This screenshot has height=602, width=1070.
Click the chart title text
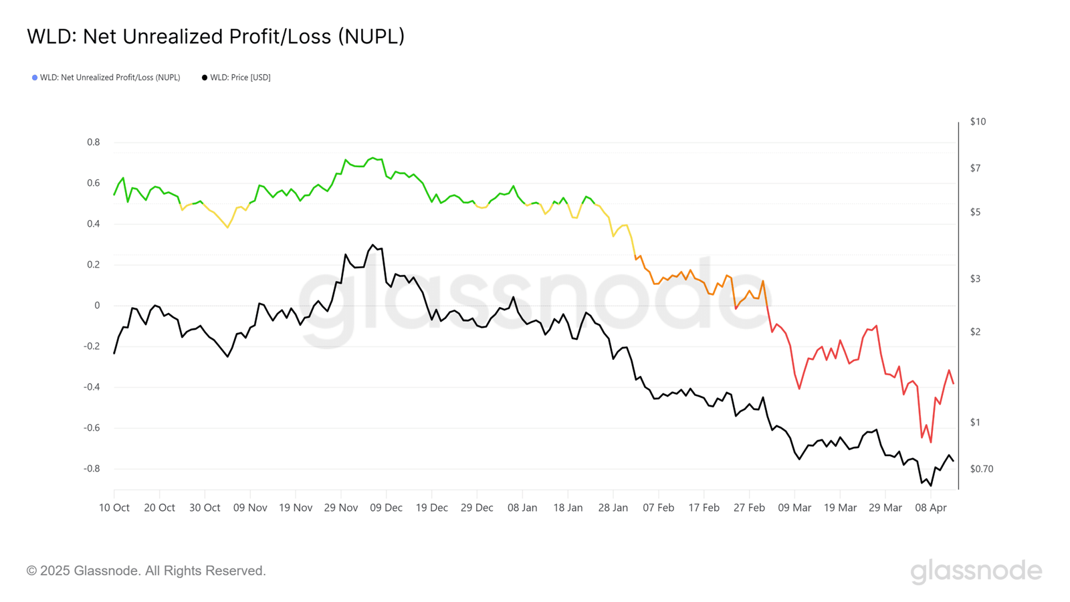(215, 36)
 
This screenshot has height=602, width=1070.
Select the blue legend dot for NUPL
(35, 78)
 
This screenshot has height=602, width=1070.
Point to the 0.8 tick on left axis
(93, 142)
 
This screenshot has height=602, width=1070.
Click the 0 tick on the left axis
(97, 306)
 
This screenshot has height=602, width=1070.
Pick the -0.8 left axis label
(92, 469)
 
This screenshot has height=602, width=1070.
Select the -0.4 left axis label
(92, 387)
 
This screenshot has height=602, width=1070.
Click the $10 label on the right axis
(978, 122)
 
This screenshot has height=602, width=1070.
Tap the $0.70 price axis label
(981, 469)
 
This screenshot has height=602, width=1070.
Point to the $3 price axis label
(975, 279)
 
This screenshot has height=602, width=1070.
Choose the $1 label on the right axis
(975, 423)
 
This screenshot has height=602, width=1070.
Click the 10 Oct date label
(114, 508)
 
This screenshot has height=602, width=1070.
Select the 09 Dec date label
(386, 508)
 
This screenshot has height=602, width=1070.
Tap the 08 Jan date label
(522, 508)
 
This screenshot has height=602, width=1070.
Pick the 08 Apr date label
(930, 508)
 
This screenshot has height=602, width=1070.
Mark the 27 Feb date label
(749, 508)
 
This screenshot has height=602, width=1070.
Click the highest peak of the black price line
(372, 245)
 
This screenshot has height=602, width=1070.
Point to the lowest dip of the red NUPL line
(930, 442)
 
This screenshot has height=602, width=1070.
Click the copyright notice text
(146, 571)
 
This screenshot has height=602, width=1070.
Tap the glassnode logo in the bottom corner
(976, 571)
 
